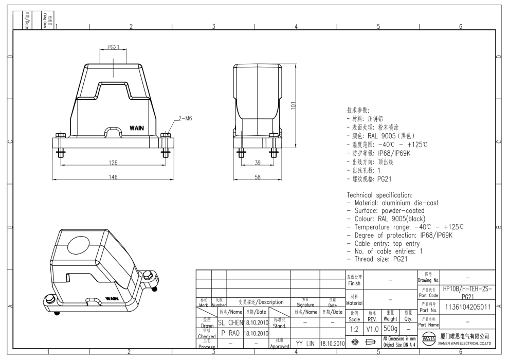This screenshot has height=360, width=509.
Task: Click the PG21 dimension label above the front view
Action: click(x=114, y=47)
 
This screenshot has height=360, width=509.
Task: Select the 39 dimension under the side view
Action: click(x=258, y=163)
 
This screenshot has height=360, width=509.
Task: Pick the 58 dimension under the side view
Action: click(x=258, y=177)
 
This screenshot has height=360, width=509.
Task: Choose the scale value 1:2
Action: click(x=355, y=328)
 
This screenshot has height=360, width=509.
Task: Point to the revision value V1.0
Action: click(x=372, y=328)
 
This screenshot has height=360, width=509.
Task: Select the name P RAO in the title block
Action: click(x=230, y=333)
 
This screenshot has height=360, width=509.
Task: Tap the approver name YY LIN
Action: click(x=305, y=343)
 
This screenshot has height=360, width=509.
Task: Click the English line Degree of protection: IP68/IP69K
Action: click(x=399, y=235)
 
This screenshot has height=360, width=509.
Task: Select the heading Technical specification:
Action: click(x=379, y=195)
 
